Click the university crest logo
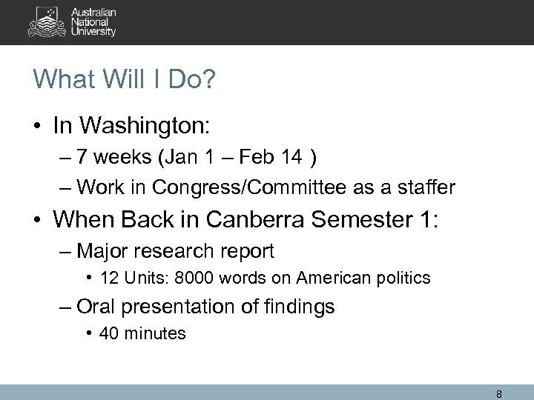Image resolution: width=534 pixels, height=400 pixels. click(46, 22)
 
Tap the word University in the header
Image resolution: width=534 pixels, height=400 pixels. click(94, 33)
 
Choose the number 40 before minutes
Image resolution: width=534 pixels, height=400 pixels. click(109, 333)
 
